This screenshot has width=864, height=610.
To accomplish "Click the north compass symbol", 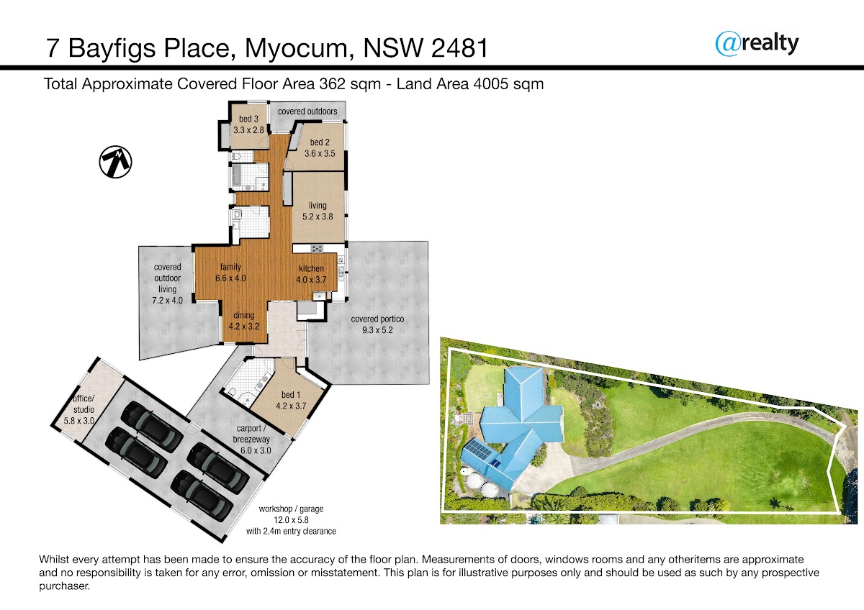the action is click(115, 162).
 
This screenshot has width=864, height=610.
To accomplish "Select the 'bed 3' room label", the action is click(248, 119).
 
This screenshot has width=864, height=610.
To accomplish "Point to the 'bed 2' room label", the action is click(320, 142).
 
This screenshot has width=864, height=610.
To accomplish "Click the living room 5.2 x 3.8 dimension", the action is click(318, 217).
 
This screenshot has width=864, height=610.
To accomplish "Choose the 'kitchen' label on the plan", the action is click(311, 268).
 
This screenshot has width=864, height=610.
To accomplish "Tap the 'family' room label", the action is click(230, 267).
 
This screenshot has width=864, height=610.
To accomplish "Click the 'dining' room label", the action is click(244, 315).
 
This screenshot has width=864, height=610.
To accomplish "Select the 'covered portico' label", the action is click(377, 319).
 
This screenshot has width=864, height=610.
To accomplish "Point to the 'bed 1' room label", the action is click(291, 395).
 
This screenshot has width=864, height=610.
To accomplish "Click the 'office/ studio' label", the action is click(84, 404).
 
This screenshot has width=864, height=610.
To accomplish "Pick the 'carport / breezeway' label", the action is click(251, 434).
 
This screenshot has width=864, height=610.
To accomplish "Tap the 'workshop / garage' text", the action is click(291, 509).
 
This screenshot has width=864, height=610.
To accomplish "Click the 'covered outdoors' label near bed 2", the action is click(307, 111).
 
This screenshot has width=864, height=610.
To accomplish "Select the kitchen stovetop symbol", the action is click(317, 249).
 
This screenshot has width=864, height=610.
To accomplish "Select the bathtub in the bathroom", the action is click(236, 177).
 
